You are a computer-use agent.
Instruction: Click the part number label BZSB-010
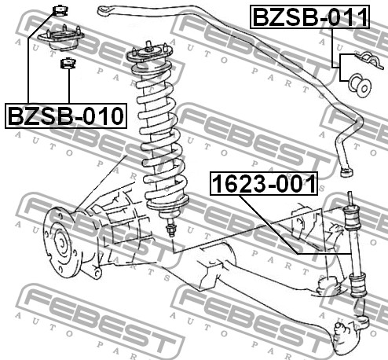pos(65,116)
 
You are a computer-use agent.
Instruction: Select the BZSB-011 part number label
pos(309,17)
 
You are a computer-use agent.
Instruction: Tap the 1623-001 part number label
pos(264,186)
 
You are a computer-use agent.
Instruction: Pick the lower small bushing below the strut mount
pos(68,64)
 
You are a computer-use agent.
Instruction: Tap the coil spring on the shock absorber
pos(158,126)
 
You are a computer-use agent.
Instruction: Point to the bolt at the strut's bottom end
pos(170,231)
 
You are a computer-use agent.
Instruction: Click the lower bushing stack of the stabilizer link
pos(358,282)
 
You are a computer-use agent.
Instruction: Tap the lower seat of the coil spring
pos(167,208)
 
